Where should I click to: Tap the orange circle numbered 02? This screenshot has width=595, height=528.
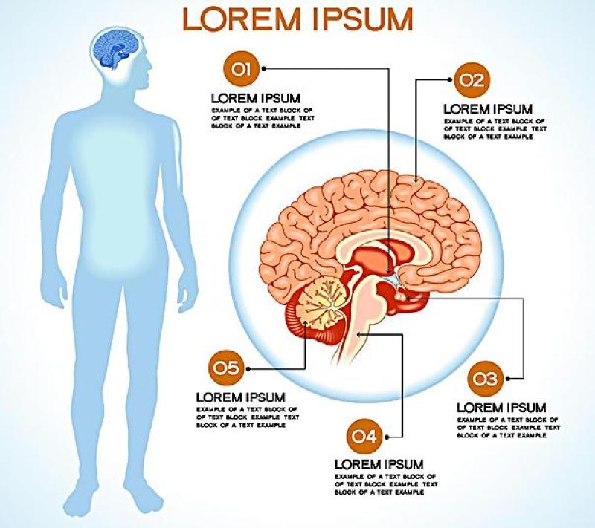[470, 79]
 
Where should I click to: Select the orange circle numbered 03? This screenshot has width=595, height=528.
[485, 379]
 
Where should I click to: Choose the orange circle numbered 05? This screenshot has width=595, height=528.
[225, 367]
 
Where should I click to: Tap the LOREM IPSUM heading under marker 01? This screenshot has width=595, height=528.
[256, 97]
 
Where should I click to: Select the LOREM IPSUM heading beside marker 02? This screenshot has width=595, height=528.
[487, 109]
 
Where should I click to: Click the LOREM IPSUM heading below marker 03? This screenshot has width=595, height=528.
[501, 408]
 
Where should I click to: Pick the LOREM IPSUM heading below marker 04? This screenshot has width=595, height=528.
[379, 464]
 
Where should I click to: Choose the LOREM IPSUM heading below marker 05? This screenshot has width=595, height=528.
[240, 397]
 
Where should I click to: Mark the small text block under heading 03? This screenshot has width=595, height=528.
[508, 428]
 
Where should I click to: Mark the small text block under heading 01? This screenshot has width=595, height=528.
[263, 117]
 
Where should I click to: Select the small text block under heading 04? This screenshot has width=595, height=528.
[385, 483]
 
